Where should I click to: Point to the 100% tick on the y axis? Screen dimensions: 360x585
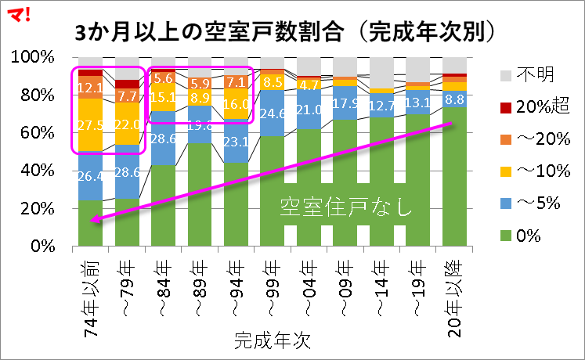[x=31, y=58]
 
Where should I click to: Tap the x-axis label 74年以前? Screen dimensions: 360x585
[x=91, y=293]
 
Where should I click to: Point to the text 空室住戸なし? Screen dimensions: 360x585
[x=345, y=208]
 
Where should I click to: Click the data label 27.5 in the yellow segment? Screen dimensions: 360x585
[x=91, y=124]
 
